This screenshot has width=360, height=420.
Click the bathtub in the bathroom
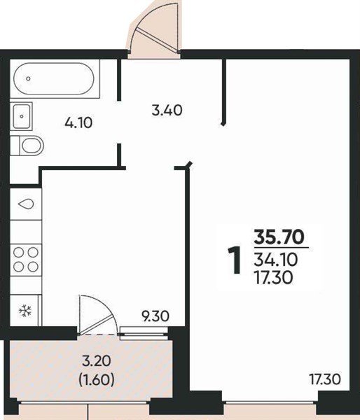pyautogui.click(x=54, y=78)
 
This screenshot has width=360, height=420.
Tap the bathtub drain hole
pyautogui.click(x=29, y=78)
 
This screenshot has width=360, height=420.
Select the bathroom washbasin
pyautogui.click(x=21, y=116)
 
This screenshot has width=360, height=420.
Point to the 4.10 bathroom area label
pyautogui.click(x=78, y=123)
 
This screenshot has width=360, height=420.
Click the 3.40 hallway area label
pyautogui.click(x=167, y=110)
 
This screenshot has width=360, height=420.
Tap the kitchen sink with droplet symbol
pyautogui.click(x=26, y=204)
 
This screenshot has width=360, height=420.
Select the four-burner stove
pyautogui.click(x=26, y=260)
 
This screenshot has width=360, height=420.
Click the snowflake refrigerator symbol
pyautogui.click(x=25, y=311)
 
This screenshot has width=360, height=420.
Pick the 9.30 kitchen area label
pyautogui.click(x=155, y=316)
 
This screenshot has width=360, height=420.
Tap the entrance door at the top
pyautogui.click(x=153, y=29)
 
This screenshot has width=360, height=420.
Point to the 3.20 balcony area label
pyautogui.click(x=96, y=361)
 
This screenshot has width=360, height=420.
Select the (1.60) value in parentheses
pyautogui.click(x=97, y=379)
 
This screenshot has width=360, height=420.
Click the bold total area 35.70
pyautogui.click(x=279, y=237)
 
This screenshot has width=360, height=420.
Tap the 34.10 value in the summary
pyautogui.click(x=275, y=259)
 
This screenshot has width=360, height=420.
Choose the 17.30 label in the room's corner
pyautogui.click(x=324, y=379)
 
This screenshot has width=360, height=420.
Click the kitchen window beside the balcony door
pyautogui.click(x=144, y=333)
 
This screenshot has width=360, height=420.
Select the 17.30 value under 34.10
pyautogui.click(x=273, y=278)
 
